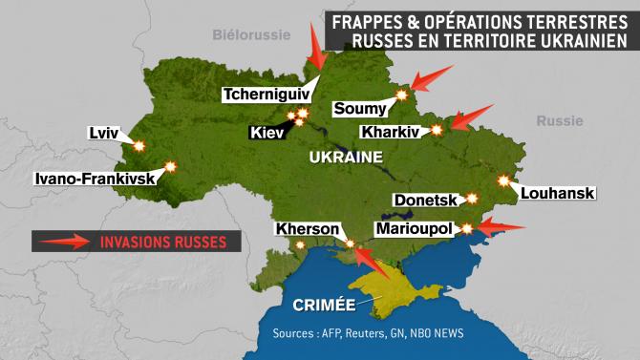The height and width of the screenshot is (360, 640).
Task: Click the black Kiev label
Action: click(x=267, y=133)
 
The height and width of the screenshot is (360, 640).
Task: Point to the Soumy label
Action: click(x=360, y=108)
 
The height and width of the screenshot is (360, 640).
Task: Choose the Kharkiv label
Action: click(x=390, y=132)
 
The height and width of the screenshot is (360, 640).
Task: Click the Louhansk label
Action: click(x=558, y=194)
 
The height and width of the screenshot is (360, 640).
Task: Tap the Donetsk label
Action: click(x=426, y=200)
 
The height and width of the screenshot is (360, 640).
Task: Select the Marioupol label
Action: click(x=415, y=230)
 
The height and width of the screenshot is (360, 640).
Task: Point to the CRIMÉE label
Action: click(x=320, y=306)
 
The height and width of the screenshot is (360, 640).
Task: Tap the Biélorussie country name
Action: click(x=249, y=36)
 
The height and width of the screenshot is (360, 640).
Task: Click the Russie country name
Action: click(x=559, y=121)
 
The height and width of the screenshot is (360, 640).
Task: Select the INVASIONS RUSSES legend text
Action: click(x=163, y=242)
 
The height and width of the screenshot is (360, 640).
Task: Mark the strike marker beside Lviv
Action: click(x=139, y=146)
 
